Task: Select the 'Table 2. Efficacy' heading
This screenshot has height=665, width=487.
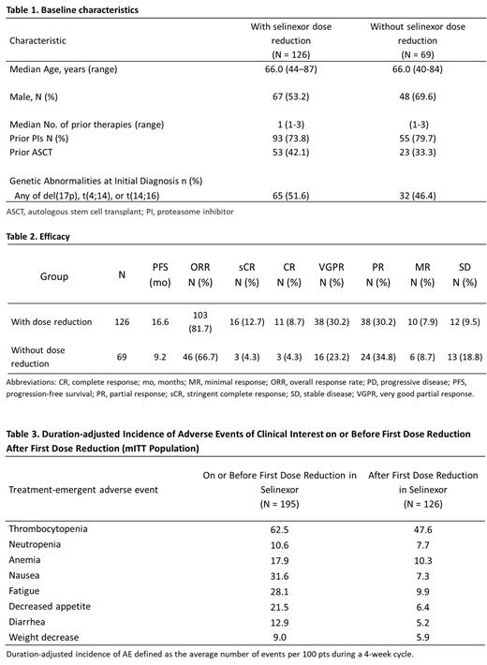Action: [x=38, y=237]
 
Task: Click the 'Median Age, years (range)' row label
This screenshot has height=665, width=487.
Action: [x=63, y=71]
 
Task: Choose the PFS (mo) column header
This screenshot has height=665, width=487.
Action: [x=159, y=276]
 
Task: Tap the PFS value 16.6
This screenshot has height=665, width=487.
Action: [x=159, y=321]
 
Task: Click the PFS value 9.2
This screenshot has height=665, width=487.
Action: [x=159, y=357]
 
